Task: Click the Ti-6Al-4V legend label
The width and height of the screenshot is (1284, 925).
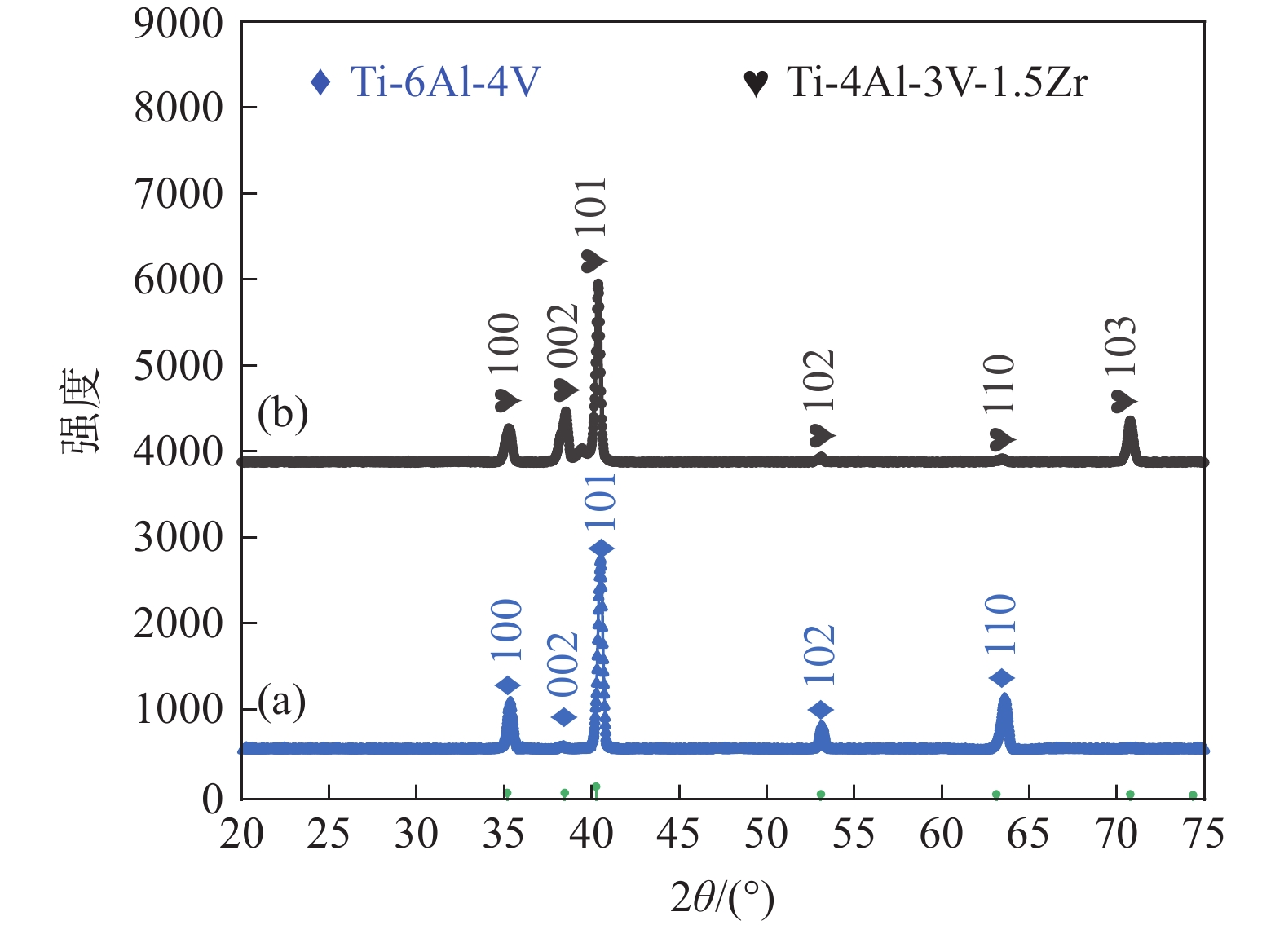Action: pyautogui.click(x=445, y=82)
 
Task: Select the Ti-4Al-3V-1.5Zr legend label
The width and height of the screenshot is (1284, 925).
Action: pyautogui.click(x=937, y=82)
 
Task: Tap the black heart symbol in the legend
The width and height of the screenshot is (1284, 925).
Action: pyautogui.click(x=756, y=83)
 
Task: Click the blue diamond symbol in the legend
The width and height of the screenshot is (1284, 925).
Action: pyautogui.click(x=320, y=82)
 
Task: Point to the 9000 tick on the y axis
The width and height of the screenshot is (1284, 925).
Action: pyautogui.click(x=179, y=24)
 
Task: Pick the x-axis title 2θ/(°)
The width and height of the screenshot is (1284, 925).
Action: pyautogui.click(x=722, y=896)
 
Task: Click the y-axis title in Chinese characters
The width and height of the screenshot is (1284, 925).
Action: pyautogui.click(x=81, y=410)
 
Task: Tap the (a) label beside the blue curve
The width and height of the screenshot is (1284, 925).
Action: pyautogui.click(x=282, y=701)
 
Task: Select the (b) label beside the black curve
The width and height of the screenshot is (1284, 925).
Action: pyautogui.click(x=282, y=413)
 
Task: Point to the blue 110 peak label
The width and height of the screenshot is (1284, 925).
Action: pyautogui.click(x=1000, y=624)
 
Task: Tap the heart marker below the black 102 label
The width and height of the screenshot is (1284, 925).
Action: pyautogui.click(x=822, y=435)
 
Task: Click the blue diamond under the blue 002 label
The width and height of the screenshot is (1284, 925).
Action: pyautogui.click(x=564, y=717)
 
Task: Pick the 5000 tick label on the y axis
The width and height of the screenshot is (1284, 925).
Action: pyautogui.click(x=179, y=366)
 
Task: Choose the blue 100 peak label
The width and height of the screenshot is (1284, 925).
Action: pyautogui.click(x=507, y=629)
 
